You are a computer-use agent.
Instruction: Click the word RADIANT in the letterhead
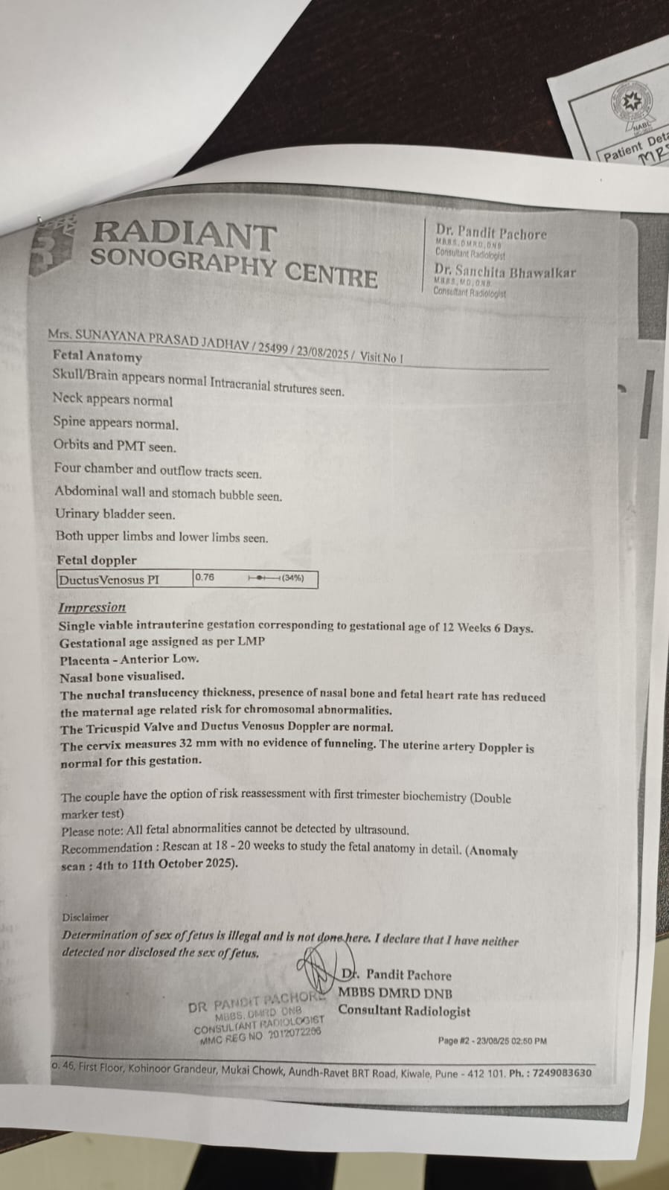pos(184,234)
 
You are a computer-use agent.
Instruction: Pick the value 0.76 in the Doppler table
pos(205,577)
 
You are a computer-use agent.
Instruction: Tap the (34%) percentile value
pos(292,578)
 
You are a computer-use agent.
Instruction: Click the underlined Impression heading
pos(92,607)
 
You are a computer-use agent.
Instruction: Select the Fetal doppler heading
pos(97,560)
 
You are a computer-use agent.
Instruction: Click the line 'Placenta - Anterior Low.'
pos(129,659)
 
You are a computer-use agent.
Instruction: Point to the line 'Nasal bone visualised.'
pos(122,676)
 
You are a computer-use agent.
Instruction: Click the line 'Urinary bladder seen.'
pos(115,514)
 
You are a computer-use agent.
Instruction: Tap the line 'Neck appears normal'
pos(112,400)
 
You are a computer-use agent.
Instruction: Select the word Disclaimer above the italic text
pos(85,918)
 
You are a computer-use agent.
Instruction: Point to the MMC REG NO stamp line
pos(260,1035)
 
